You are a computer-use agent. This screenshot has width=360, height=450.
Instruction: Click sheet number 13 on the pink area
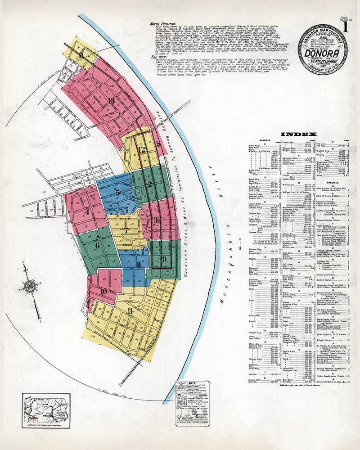(111, 100)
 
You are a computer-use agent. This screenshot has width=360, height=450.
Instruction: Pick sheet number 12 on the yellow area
(142, 149)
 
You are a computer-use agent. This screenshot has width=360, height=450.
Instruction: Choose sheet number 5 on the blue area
(117, 193)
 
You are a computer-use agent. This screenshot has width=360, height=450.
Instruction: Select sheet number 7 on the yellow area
(126, 230)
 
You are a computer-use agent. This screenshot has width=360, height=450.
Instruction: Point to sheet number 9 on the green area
(164, 259)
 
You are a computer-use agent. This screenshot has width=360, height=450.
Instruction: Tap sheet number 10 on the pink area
(103, 291)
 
